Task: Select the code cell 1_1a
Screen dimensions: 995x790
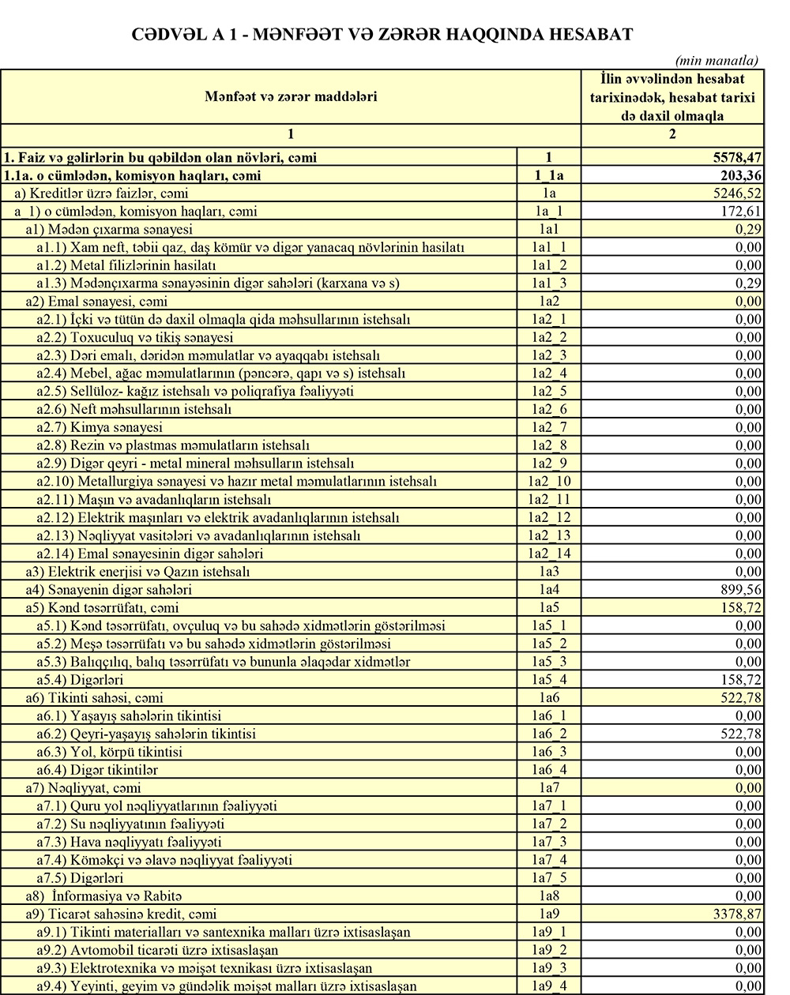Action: [x=549, y=176]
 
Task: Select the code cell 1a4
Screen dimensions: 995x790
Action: [x=549, y=590]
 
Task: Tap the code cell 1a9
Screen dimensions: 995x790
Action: [x=549, y=914]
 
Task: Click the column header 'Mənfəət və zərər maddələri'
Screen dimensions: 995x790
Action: [x=290, y=97]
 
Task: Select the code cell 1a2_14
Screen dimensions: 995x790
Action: [x=549, y=554]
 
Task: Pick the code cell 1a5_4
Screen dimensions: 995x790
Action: [x=549, y=680]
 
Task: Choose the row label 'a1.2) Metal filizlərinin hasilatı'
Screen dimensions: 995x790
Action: [x=126, y=265]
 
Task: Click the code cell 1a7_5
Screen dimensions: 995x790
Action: [x=549, y=878]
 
